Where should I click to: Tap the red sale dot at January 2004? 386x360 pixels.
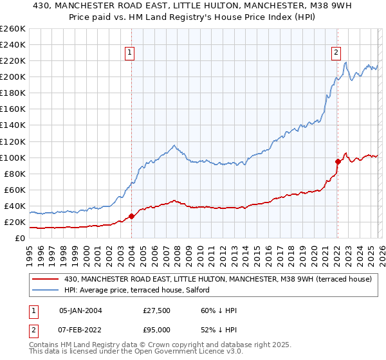tap(132, 216)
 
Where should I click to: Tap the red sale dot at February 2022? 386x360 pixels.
tap(337, 161)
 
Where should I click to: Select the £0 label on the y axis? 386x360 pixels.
tap(19, 238)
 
